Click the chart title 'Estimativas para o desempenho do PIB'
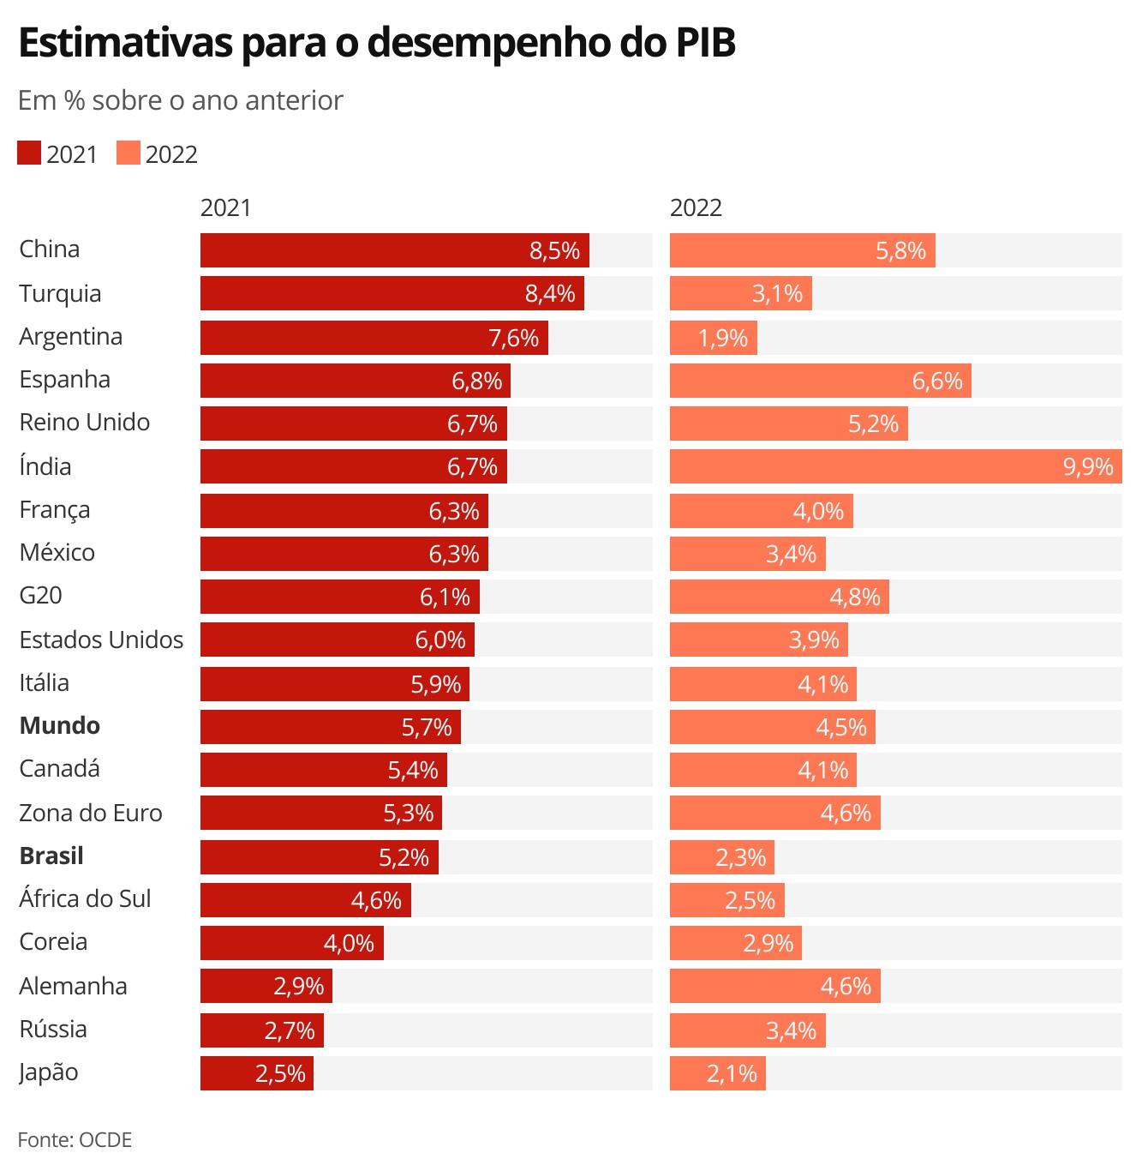tap(377, 43)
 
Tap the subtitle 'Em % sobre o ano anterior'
tap(181, 100)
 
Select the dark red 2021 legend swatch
tap(29, 153)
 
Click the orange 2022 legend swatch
tap(129, 153)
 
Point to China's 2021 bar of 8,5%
tap(394, 250)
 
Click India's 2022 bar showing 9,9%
tap(895, 466)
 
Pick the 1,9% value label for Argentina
tap(723, 338)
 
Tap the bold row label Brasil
tap(51, 856)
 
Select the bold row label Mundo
tap(60, 725)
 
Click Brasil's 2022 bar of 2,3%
tap(721, 857)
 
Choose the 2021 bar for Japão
tap(257, 1073)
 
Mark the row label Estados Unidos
tap(101, 640)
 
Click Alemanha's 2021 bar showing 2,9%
tap(266, 986)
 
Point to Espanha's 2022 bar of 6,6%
tap(820, 381)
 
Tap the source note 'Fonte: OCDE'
tap(75, 1140)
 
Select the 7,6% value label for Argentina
tap(513, 338)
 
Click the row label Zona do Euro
tap(91, 813)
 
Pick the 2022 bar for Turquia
tap(740, 293)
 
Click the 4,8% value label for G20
tap(855, 597)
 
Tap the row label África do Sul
tap(85, 898)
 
